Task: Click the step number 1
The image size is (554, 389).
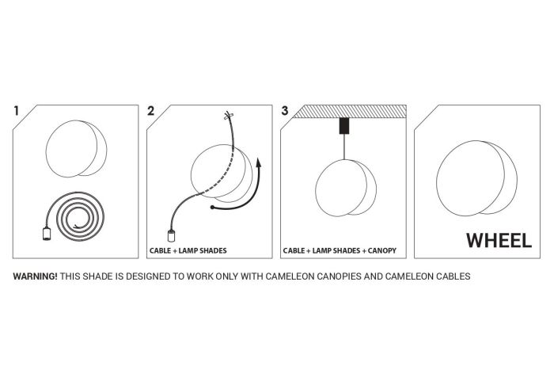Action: (16, 111)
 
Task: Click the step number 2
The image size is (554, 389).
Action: (151, 111)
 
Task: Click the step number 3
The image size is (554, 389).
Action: (285, 111)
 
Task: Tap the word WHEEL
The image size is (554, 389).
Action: (499, 241)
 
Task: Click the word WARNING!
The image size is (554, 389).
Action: (35, 276)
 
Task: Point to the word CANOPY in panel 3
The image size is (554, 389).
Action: (382, 250)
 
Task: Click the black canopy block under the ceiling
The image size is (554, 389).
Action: (344, 126)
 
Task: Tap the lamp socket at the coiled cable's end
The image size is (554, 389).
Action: (46, 234)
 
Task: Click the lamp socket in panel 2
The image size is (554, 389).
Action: (172, 236)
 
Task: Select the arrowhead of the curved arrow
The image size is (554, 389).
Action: (259, 162)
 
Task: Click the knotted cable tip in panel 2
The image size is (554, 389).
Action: (228, 116)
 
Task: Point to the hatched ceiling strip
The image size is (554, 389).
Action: (350, 112)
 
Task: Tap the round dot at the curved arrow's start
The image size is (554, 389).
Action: (212, 208)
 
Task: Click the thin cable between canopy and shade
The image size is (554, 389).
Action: (344, 147)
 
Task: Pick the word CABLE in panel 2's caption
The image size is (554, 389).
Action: (160, 250)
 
